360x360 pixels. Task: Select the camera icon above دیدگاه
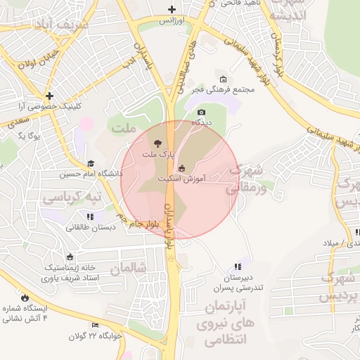[x=202, y=112]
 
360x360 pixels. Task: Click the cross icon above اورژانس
[x=172, y=9]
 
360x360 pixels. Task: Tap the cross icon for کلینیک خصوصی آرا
[x=49, y=95]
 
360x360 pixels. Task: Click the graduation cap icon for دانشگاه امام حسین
[x=91, y=164]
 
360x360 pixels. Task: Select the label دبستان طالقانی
[x=91, y=226]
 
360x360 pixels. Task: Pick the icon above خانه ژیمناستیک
[x=69, y=257]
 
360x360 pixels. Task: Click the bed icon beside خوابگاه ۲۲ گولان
[x=96, y=325]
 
